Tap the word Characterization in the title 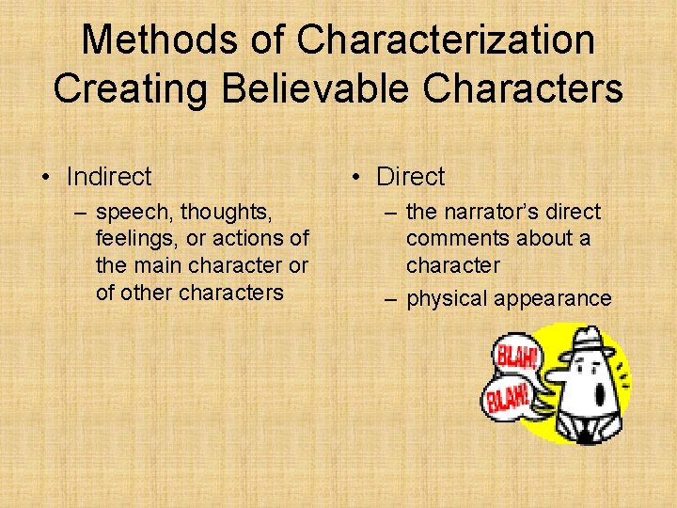point(446,40)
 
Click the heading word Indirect point(109,176)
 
